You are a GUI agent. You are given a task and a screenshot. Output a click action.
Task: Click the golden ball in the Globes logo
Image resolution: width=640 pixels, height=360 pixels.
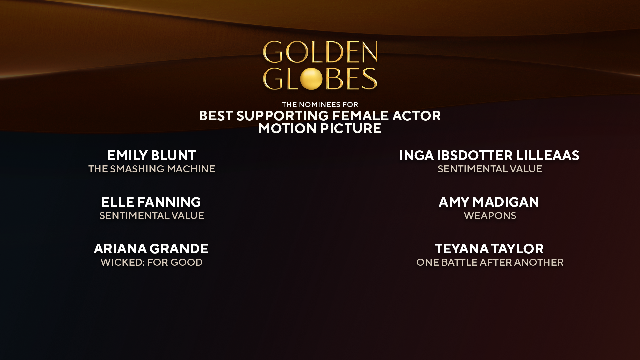pyautogui.click(x=311, y=79)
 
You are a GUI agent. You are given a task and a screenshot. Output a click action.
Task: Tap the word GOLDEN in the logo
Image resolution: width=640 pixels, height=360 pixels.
pyautogui.click(x=320, y=52)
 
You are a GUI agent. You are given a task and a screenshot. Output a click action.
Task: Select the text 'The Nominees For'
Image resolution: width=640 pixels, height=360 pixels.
pyautogui.click(x=320, y=104)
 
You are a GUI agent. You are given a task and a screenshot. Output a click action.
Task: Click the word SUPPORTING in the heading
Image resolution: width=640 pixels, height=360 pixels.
pyautogui.click(x=282, y=116)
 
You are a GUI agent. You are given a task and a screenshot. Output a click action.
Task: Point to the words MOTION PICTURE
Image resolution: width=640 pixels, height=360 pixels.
pyautogui.click(x=320, y=129)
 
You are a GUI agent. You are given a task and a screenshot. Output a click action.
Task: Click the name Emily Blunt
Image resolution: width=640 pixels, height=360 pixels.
pyautogui.click(x=151, y=155)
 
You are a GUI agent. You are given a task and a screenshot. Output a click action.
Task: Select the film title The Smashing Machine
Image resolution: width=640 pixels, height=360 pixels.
pyautogui.click(x=152, y=169)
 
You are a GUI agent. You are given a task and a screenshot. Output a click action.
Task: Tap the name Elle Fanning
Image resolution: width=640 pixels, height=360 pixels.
pyautogui.click(x=151, y=202)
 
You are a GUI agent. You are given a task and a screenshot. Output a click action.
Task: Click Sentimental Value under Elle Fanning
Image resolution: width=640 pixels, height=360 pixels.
pyautogui.click(x=152, y=216)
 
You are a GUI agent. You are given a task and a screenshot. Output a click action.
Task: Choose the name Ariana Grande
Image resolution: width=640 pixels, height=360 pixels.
pyautogui.click(x=151, y=249)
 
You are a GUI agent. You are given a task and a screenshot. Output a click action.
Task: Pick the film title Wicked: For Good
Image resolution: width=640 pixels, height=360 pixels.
pyautogui.click(x=152, y=262)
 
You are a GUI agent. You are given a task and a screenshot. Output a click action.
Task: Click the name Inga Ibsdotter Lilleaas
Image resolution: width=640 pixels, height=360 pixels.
pyautogui.click(x=489, y=155)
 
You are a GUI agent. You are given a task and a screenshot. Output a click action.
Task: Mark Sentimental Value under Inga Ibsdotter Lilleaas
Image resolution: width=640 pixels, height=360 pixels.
pyautogui.click(x=490, y=169)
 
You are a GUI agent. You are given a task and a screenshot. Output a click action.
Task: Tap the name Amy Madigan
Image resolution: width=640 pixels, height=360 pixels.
pyautogui.click(x=489, y=202)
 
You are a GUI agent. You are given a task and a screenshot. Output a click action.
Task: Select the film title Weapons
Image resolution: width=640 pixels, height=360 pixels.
pyautogui.click(x=490, y=216)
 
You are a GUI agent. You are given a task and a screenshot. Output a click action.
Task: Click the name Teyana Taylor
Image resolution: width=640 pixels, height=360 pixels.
pyautogui.click(x=489, y=249)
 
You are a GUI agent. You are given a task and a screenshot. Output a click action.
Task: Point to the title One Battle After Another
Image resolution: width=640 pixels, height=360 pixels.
pyautogui.click(x=490, y=262)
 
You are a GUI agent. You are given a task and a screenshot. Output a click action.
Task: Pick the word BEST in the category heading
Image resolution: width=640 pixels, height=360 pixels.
pyautogui.click(x=216, y=116)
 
